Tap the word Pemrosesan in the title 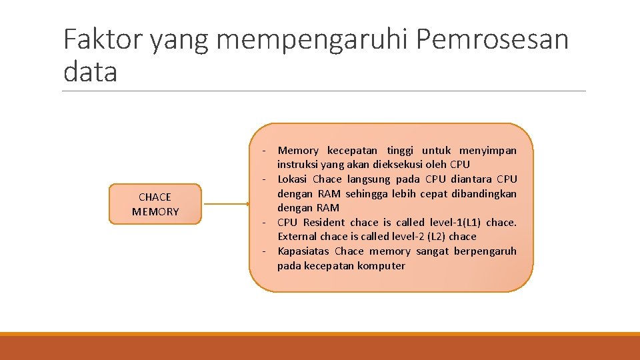[x=492, y=40]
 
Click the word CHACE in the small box [x=155, y=197]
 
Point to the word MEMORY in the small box [x=155, y=212]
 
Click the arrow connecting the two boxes [x=224, y=204]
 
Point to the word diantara [x=471, y=179]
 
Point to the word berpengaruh [x=485, y=251]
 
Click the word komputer [x=381, y=266]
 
